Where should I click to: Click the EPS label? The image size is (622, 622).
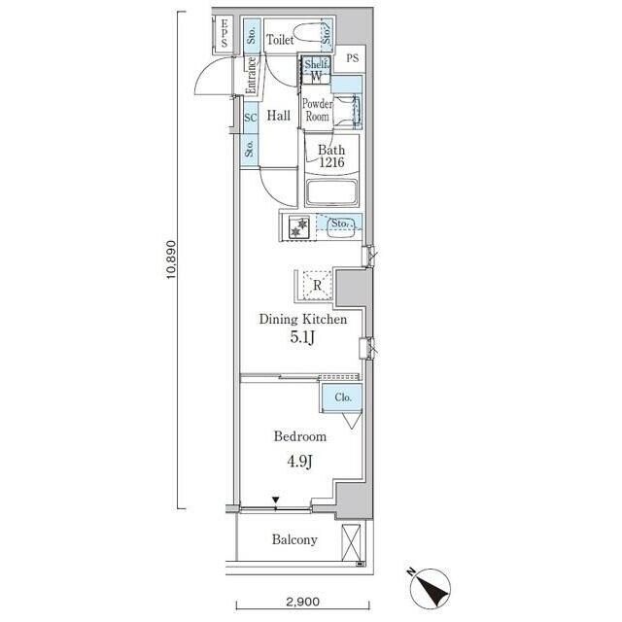(225, 33)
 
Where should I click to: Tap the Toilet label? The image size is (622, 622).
(280, 39)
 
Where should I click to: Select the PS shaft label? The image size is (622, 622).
(352, 58)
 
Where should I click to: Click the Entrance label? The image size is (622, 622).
(251, 76)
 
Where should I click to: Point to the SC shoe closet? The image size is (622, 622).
(251, 118)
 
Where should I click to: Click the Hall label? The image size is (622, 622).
(279, 116)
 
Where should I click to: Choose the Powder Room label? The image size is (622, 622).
(318, 110)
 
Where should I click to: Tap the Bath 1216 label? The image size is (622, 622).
(331, 155)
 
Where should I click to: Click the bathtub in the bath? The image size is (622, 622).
(332, 192)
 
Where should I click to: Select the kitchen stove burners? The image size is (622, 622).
(298, 227)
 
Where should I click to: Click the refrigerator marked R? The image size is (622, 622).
(318, 285)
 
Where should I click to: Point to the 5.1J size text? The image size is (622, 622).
(302, 337)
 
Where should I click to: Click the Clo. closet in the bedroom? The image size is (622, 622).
(342, 397)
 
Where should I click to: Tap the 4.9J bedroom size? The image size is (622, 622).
(300, 461)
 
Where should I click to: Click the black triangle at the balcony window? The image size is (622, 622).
(276, 500)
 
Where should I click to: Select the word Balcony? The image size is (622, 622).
(294, 539)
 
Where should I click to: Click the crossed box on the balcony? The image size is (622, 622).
(351, 542)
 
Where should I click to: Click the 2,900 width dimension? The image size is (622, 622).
(302, 602)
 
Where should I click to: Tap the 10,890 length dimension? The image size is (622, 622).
(171, 259)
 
